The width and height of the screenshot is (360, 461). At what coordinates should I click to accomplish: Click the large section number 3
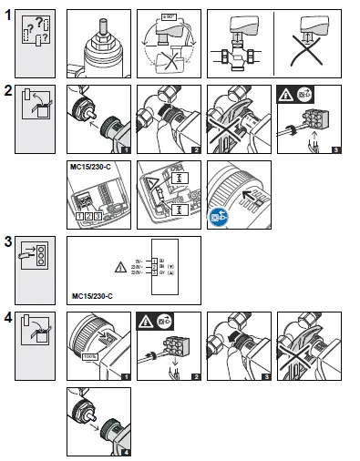10,243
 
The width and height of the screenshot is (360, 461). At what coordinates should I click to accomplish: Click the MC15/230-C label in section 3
93,295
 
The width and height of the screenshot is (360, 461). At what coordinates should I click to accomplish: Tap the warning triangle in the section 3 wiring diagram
121,267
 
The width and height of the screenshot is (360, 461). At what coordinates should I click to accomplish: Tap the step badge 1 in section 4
126,374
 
